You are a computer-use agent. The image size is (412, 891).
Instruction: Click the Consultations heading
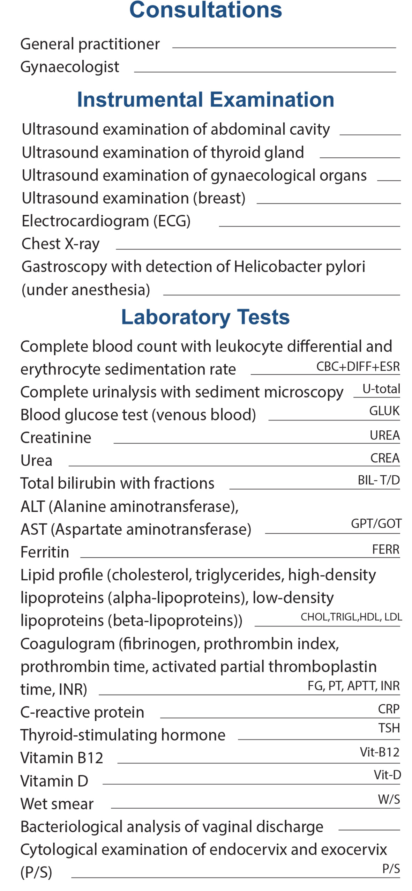tap(205, 9)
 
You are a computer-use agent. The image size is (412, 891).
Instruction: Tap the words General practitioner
tap(90, 44)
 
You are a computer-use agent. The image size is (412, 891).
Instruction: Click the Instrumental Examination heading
tap(205, 100)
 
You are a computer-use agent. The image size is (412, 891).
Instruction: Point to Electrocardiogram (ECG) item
tap(106, 221)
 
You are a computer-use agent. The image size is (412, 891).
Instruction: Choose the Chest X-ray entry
tap(61, 244)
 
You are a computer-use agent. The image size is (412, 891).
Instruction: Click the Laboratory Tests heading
tap(205, 317)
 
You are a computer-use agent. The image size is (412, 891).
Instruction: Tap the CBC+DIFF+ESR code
tap(358, 366)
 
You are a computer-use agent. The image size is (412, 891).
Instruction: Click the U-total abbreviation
tap(381, 389)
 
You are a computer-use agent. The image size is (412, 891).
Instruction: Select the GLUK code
tap(384, 411)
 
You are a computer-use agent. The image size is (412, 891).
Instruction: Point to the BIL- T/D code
tap(379, 480)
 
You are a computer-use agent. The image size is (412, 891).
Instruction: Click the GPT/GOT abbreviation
tap(376, 524)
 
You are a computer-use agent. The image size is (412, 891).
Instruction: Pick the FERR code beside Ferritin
tap(385, 549)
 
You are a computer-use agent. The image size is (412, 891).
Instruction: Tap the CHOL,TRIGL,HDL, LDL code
tap(351, 617)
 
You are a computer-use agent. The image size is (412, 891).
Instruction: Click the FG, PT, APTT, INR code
tap(353, 686)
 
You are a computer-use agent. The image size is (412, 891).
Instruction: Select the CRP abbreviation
tap(389, 709)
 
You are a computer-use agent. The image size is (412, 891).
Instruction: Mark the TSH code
tap(389, 728)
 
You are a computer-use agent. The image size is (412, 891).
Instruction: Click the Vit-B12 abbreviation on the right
tap(380, 752)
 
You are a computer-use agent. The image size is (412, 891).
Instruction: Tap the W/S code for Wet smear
tap(389, 799)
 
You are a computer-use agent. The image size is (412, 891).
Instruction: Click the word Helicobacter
tap(278, 267)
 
